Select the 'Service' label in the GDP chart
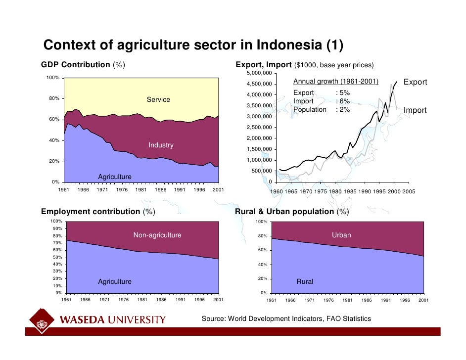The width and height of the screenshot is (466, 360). pyautogui.click(x=158, y=100)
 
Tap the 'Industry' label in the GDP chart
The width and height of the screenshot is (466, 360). pyautogui.click(x=161, y=145)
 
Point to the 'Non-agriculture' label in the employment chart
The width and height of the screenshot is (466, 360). pyautogui.click(x=157, y=235)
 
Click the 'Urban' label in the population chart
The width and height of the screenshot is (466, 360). pyautogui.click(x=341, y=235)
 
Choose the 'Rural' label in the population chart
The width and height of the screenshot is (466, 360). pyautogui.click(x=305, y=282)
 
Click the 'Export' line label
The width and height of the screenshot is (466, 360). pyautogui.click(x=415, y=82)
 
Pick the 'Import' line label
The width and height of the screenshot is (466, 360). pyautogui.click(x=415, y=110)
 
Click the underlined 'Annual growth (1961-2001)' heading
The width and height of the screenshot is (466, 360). pyautogui.click(x=335, y=82)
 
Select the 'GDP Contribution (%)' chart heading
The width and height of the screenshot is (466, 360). pyautogui.click(x=83, y=65)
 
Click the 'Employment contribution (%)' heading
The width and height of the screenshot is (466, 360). pyautogui.click(x=98, y=212)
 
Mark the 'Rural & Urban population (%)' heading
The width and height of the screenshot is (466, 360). pyautogui.click(x=292, y=212)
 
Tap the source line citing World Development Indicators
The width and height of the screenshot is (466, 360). pyautogui.click(x=286, y=319)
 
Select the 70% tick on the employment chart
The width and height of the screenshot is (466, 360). pyautogui.click(x=58, y=243)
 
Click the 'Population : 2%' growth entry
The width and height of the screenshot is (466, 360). pyautogui.click(x=322, y=110)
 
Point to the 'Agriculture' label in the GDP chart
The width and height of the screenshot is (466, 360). pyautogui.click(x=115, y=177)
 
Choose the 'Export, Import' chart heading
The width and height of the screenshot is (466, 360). pyautogui.click(x=264, y=65)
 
